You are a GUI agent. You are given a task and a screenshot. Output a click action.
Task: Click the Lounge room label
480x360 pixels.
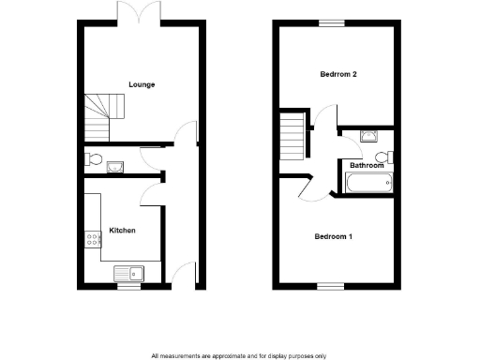click(x=142, y=85)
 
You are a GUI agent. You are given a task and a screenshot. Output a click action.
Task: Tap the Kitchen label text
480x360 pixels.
click(x=123, y=230)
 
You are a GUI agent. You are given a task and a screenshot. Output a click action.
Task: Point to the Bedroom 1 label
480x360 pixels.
click(x=334, y=236)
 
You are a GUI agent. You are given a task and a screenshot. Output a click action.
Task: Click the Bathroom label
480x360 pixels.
click(x=367, y=165)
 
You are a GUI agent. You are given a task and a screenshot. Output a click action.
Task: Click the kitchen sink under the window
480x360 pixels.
click(x=127, y=273)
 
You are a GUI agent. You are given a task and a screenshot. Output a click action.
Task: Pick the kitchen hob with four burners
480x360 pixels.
click(x=93, y=240)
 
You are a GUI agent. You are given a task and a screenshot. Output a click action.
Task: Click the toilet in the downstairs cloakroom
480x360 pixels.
click(x=92, y=157)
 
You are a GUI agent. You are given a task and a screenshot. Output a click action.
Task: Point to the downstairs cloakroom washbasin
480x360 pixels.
click(x=114, y=168)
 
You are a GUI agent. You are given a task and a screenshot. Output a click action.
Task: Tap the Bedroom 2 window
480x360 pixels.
click(x=330, y=22)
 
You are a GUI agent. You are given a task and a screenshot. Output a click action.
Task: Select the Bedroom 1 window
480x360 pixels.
click(x=330, y=285)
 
